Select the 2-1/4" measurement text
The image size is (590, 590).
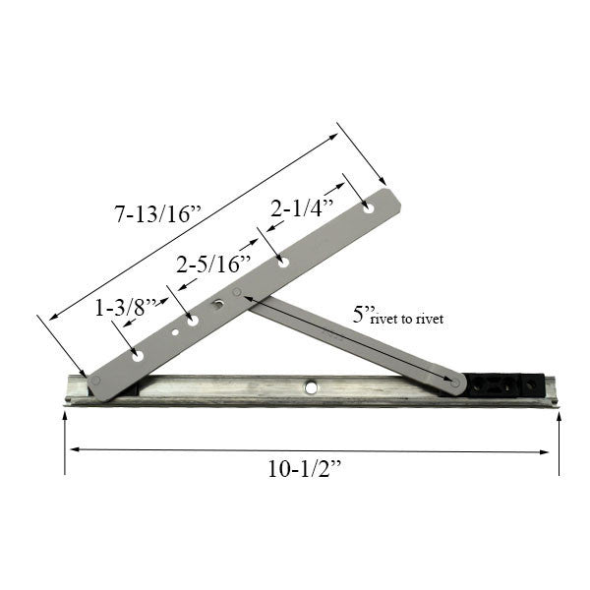click(304, 208)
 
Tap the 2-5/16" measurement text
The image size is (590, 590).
click(213, 264)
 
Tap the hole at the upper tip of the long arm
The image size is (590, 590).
click(369, 207)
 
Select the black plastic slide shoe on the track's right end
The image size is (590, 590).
click(505, 383)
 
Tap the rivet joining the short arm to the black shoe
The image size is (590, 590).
click(454, 381)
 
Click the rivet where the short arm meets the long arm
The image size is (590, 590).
click(237, 292)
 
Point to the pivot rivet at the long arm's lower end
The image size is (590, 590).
click(95, 378)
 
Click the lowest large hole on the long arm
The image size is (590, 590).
click(139, 353)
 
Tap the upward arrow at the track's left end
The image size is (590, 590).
click(64, 421)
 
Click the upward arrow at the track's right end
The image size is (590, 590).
click(560, 421)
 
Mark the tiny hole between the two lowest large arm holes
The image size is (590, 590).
click(175, 332)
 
